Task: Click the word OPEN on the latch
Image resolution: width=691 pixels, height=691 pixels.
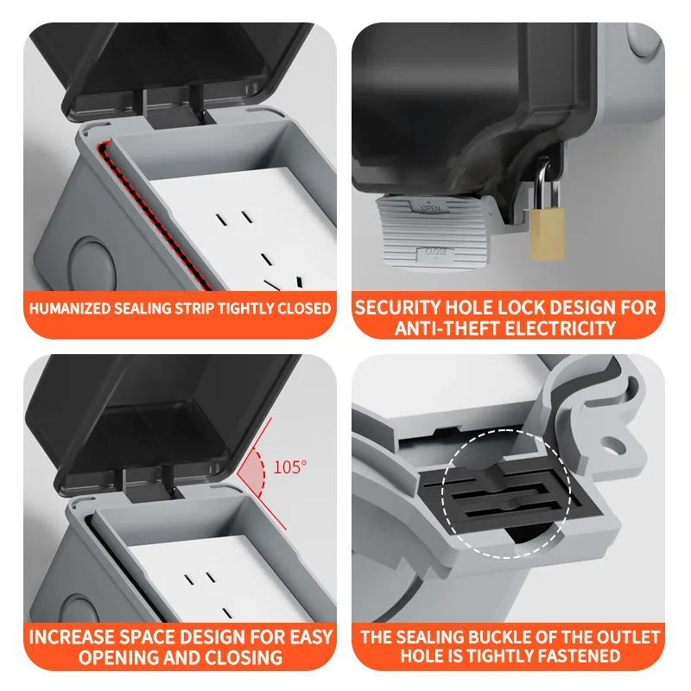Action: (430, 208)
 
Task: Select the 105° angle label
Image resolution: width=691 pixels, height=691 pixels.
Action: (290, 467)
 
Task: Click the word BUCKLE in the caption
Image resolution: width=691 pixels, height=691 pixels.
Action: (475, 638)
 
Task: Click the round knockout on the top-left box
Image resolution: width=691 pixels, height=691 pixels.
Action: (87, 259)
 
